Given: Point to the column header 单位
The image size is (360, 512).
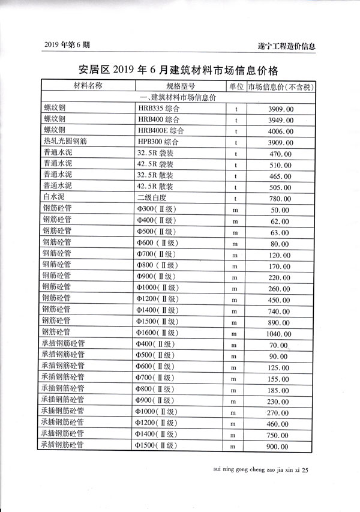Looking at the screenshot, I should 236,86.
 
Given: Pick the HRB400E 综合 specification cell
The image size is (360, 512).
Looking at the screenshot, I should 160,130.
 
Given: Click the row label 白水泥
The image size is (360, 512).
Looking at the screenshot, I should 53,197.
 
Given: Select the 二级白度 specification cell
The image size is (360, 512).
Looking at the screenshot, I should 153,197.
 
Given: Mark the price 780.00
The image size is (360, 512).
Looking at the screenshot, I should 280,198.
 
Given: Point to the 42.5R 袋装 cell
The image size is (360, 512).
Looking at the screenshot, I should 155,163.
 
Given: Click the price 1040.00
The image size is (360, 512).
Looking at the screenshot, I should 280,333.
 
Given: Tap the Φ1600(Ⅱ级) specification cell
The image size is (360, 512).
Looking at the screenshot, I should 156,333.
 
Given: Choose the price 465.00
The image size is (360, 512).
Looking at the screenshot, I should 280,176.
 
